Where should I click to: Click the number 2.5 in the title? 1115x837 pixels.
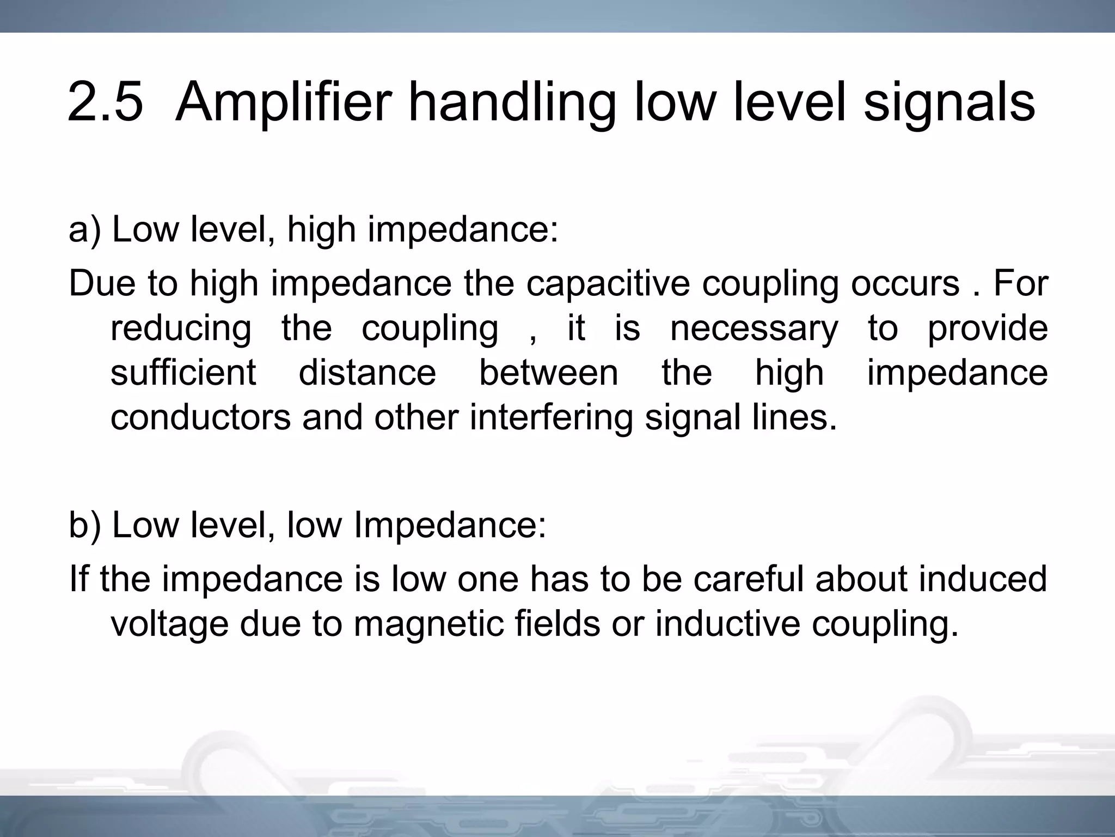(105, 102)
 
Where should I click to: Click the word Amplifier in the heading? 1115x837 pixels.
(283, 102)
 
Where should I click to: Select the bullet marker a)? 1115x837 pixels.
(84, 229)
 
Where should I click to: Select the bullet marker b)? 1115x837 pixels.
(84, 525)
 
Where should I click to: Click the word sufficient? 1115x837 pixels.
(183, 373)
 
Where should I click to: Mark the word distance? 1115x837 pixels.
(367, 373)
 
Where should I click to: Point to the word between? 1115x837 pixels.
(548, 373)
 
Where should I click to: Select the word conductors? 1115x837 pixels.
(200, 417)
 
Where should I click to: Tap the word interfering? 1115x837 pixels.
(551, 417)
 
